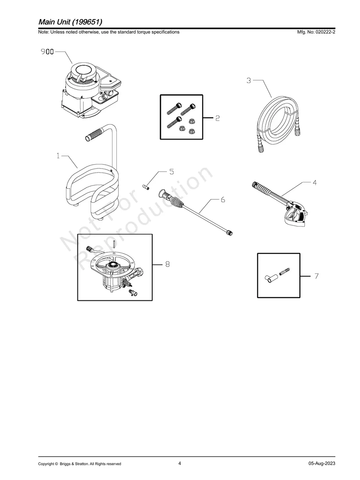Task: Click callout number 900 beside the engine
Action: [47, 52]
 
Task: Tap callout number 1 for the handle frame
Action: [58, 156]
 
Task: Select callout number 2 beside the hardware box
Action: [218, 118]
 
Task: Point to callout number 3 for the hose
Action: [249, 81]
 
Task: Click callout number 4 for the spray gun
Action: [314, 183]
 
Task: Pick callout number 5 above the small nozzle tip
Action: [172, 172]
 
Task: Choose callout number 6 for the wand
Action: [223, 199]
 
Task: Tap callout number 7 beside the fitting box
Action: [317, 276]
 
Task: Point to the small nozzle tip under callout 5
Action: [145, 186]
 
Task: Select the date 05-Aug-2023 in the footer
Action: [321, 463]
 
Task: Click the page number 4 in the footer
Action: [180, 463]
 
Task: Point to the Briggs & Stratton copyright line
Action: [79, 464]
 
